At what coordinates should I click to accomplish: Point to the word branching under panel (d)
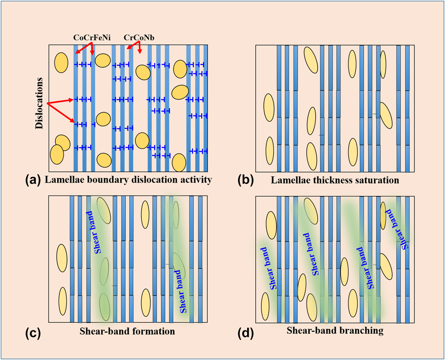coord(361,330)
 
